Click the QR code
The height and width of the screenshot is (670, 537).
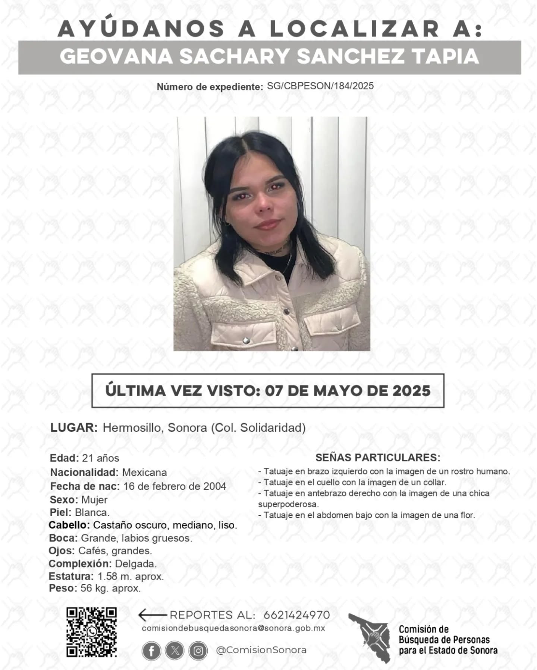pyautogui.click(x=91, y=632)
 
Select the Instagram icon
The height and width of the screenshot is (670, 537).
pyautogui.click(x=198, y=650)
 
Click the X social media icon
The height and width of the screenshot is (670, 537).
pyautogui.click(x=175, y=650)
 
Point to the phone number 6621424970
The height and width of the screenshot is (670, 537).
pyautogui.click(x=296, y=615)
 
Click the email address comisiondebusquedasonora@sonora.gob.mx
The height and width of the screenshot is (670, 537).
pyautogui.click(x=233, y=628)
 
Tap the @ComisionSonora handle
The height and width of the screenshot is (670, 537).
pyautogui.click(x=261, y=650)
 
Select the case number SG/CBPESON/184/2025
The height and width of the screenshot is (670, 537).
pyautogui.click(x=320, y=86)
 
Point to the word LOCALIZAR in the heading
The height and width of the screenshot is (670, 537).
pyautogui.click(x=354, y=29)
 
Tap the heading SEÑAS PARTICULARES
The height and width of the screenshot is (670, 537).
pyautogui.click(x=378, y=457)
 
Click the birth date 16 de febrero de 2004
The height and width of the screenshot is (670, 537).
pyautogui.click(x=175, y=486)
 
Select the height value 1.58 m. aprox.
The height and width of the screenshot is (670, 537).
pyautogui.click(x=131, y=577)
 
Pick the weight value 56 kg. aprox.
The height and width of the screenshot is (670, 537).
pyautogui.click(x=110, y=588)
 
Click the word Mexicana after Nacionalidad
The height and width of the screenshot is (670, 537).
pyautogui.click(x=144, y=472)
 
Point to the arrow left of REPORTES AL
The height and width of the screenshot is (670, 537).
pyautogui.click(x=152, y=615)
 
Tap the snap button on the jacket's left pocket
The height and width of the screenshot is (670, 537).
pyautogui.click(x=246, y=340)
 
